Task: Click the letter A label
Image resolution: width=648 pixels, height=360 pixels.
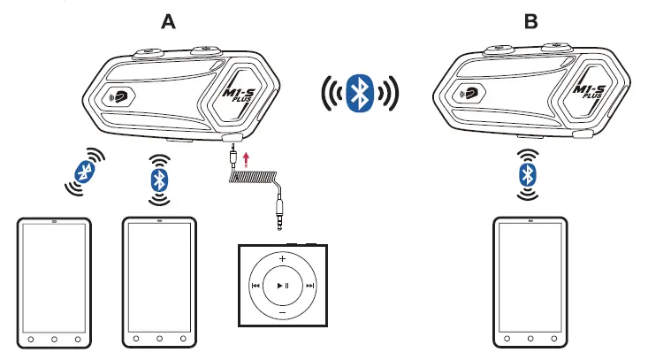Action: tap(168, 21)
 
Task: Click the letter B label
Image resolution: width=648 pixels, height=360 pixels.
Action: tap(530, 21)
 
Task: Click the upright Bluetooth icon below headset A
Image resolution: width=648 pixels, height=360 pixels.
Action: tap(159, 180)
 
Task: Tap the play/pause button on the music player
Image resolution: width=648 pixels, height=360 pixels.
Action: tap(282, 286)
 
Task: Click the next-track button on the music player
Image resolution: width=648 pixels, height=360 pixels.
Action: tap(309, 286)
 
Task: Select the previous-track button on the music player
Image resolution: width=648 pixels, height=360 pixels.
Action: tap(255, 286)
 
